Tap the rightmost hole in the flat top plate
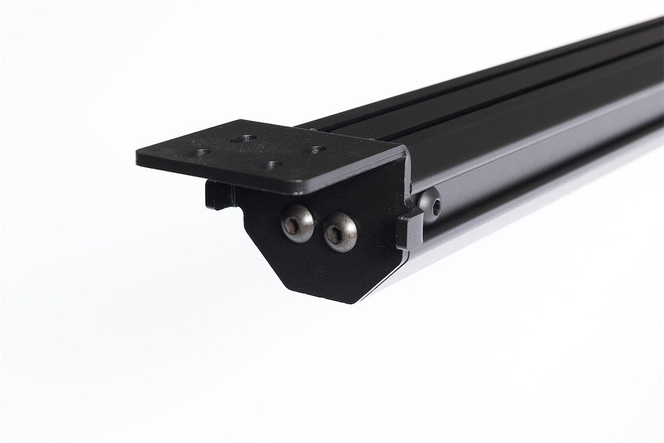[317, 149]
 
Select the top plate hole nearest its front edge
[269, 165]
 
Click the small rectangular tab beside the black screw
[409, 229]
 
